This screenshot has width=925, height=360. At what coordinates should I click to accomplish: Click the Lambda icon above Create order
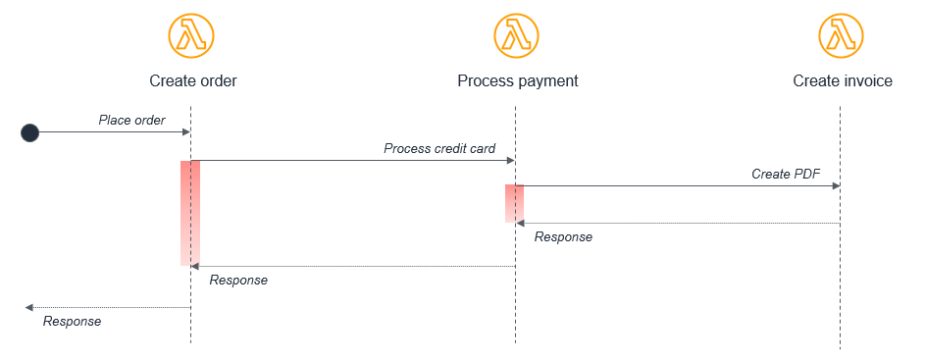click(x=191, y=36)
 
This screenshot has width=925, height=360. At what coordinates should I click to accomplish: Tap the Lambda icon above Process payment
click(x=517, y=36)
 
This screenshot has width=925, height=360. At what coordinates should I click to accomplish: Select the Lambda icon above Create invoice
click(x=842, y=36)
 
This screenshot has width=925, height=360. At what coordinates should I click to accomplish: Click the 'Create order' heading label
click(x=193, y=80)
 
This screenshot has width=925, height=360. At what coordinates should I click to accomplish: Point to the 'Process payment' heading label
click(x=518, y=80)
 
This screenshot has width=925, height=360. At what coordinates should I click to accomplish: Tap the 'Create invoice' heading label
click(x=843, y=80)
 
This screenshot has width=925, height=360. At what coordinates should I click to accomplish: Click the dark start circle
click(x=29, y=132)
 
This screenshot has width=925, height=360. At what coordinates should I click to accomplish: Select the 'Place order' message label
click(x=131, y=120)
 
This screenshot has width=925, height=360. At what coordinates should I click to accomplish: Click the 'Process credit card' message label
click(x=439, y=148)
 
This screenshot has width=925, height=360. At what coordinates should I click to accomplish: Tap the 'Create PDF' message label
click(x=786, y=174)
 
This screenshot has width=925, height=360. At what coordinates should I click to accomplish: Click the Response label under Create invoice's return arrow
click(x=563, y=236)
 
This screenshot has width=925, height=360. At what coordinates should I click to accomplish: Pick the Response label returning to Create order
click(x=238, y=280)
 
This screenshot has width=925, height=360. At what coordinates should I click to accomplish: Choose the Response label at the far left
click(x=72, y=321)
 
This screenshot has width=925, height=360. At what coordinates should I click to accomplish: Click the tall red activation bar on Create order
click(x=189, y=212)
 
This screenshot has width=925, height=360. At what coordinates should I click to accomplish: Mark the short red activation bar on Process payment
click(x=514, y=203)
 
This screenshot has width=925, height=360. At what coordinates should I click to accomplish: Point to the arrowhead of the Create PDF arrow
click(x=836, y=185)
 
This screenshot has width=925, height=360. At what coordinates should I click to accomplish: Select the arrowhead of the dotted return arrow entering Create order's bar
click(x=195, y=266)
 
